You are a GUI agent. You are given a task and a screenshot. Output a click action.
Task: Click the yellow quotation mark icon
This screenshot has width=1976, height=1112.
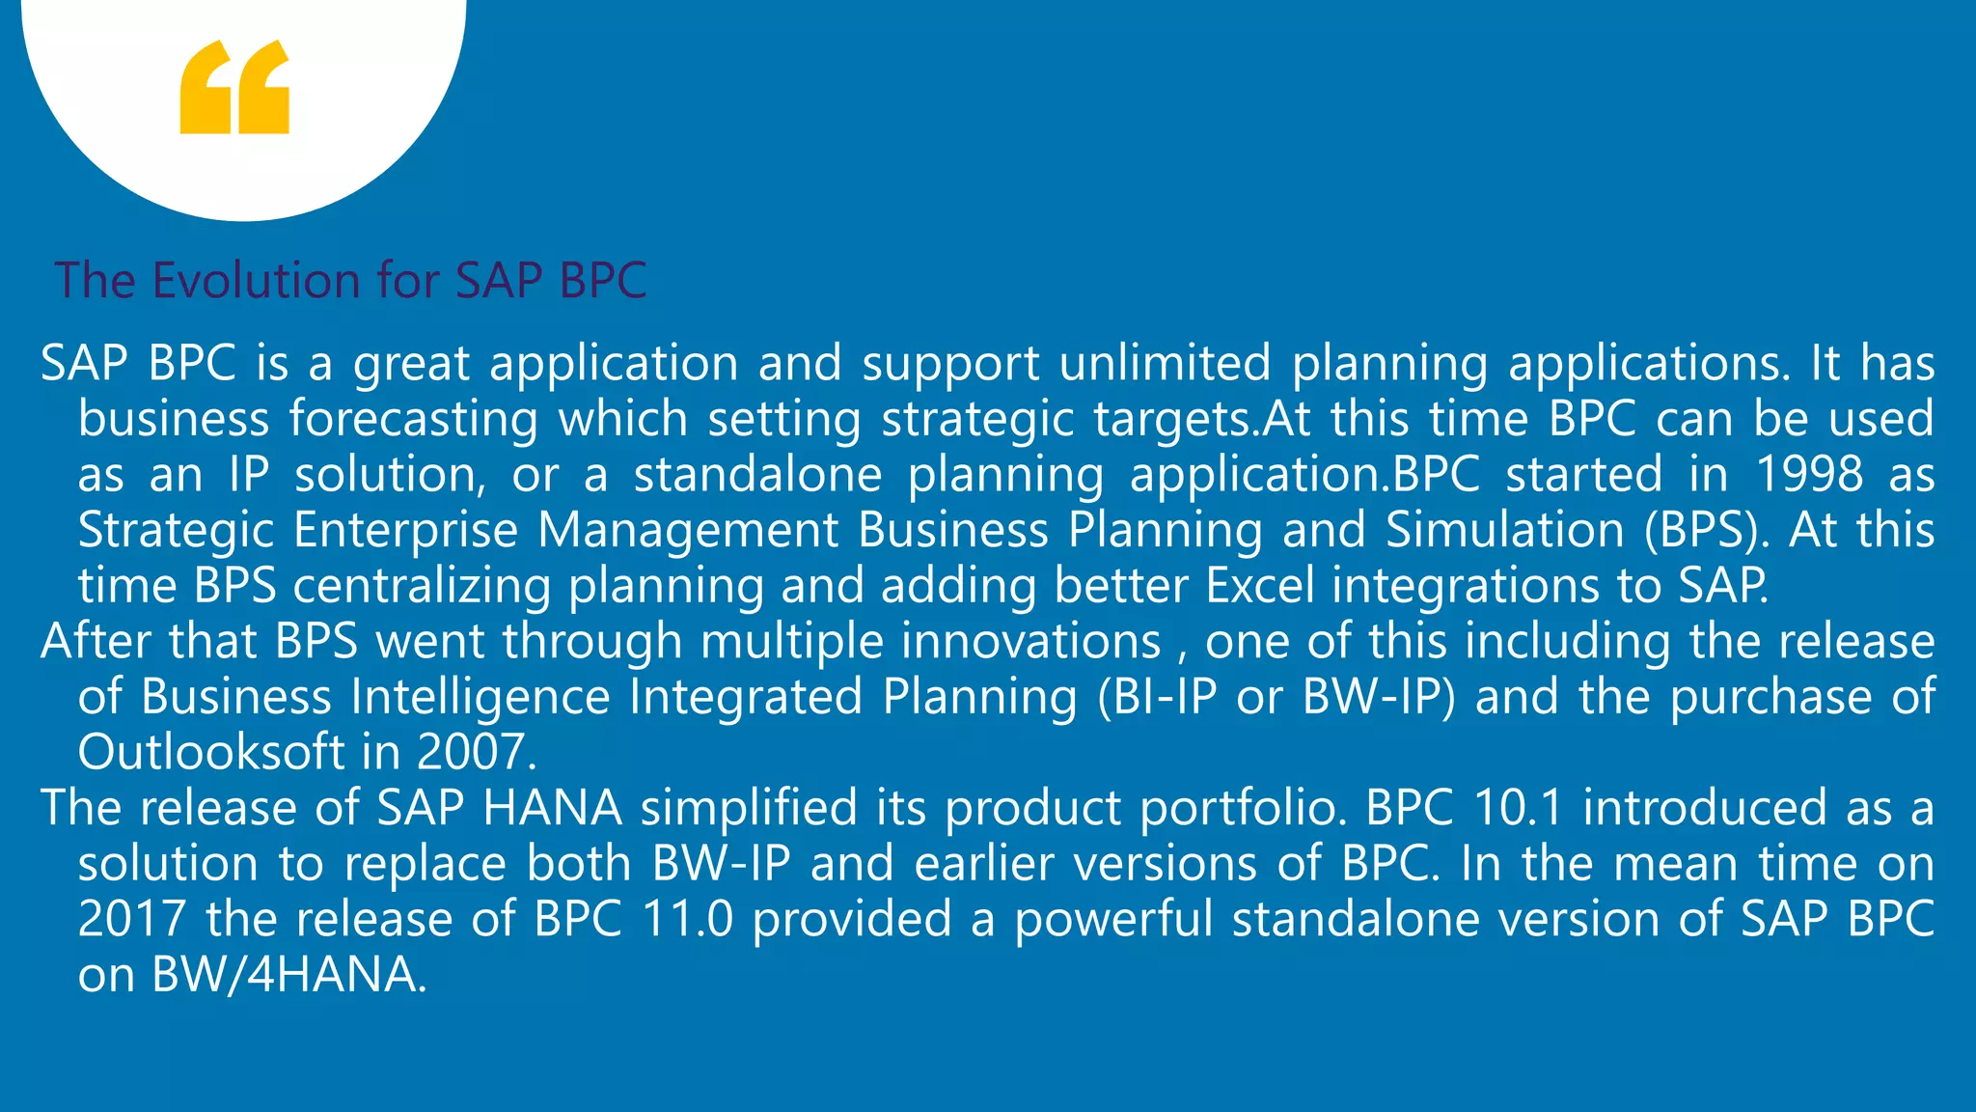pos(234,87)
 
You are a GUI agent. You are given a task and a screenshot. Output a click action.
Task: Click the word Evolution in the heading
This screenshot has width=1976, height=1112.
pos(256,281)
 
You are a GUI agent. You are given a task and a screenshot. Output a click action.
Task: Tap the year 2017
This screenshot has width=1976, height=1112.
pos(131,918)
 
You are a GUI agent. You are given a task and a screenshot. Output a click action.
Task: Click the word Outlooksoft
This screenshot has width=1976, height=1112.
pos(210,752)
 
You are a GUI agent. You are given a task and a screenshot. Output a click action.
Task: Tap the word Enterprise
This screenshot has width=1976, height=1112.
pos(405,530)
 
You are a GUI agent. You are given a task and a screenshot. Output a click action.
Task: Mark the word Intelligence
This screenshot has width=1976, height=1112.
pos(480,697)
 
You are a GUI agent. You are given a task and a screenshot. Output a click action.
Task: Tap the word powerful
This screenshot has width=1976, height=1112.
pos(1113,918)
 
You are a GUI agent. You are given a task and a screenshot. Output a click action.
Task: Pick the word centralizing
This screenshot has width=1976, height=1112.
pos(422,586)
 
